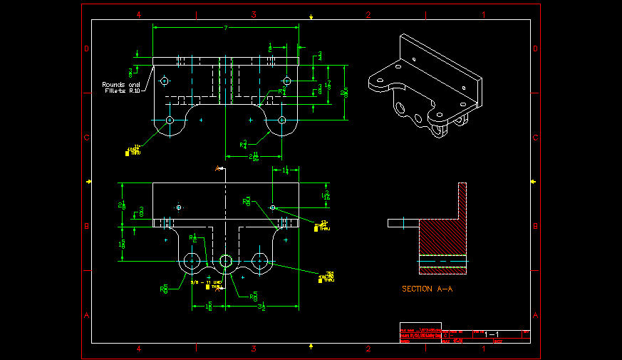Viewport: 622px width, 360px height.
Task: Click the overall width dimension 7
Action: click(x=226, y=28)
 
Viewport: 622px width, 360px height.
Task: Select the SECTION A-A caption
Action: click(x=427, y=289)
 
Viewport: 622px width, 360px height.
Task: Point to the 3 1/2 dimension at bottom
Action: click(x=261, y=307)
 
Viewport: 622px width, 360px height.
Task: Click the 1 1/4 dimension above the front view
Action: click(x=285, y=170)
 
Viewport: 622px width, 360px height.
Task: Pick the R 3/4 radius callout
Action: click(x=245, y=144)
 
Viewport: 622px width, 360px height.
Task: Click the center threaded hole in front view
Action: click(x=226, y=262)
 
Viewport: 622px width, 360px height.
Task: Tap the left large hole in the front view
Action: click(x=192, y=262)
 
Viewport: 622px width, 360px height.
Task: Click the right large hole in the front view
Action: click(x=260, y=262)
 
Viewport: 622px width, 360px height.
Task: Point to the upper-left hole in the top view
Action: click(x=165, y=81)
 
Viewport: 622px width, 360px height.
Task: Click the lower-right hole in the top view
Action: click(x=282, y=120)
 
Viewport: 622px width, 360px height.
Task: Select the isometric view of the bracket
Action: click(x=423, y=86)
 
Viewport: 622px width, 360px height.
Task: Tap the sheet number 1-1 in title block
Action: click(x=492, y=334)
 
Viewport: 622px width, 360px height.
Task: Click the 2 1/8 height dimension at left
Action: click(x=122, y=205)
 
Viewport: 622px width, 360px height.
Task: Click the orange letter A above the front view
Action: click(x=218, y=168)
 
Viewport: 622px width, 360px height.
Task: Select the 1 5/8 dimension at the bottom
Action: click(x=209, y=307)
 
